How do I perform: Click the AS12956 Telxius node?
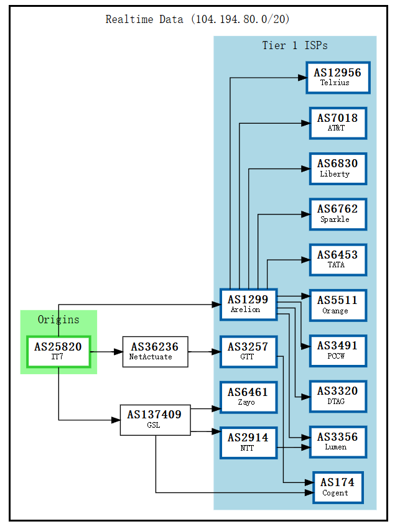point(338,78)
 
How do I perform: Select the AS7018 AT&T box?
point(338,123)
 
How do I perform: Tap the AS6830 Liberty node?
point(338,168)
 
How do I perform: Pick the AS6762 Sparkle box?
point(338,214)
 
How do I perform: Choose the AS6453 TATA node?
point(338,259)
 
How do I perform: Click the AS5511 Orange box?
point(338,305)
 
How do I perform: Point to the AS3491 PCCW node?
point(338,351)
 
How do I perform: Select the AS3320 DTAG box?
point(338,396)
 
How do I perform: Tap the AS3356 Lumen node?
point(338,441)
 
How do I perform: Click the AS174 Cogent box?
point(338,487)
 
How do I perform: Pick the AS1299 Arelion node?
point(248,305)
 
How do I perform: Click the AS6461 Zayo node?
point(248,397)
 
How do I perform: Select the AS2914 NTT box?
point(248,442)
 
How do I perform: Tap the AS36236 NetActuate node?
point(155,351)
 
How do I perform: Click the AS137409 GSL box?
point(155,420)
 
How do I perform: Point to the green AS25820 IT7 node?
point(58,351)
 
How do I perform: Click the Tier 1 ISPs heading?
point(295,45)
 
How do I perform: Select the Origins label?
point(58,320)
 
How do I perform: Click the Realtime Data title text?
point(197,19)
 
